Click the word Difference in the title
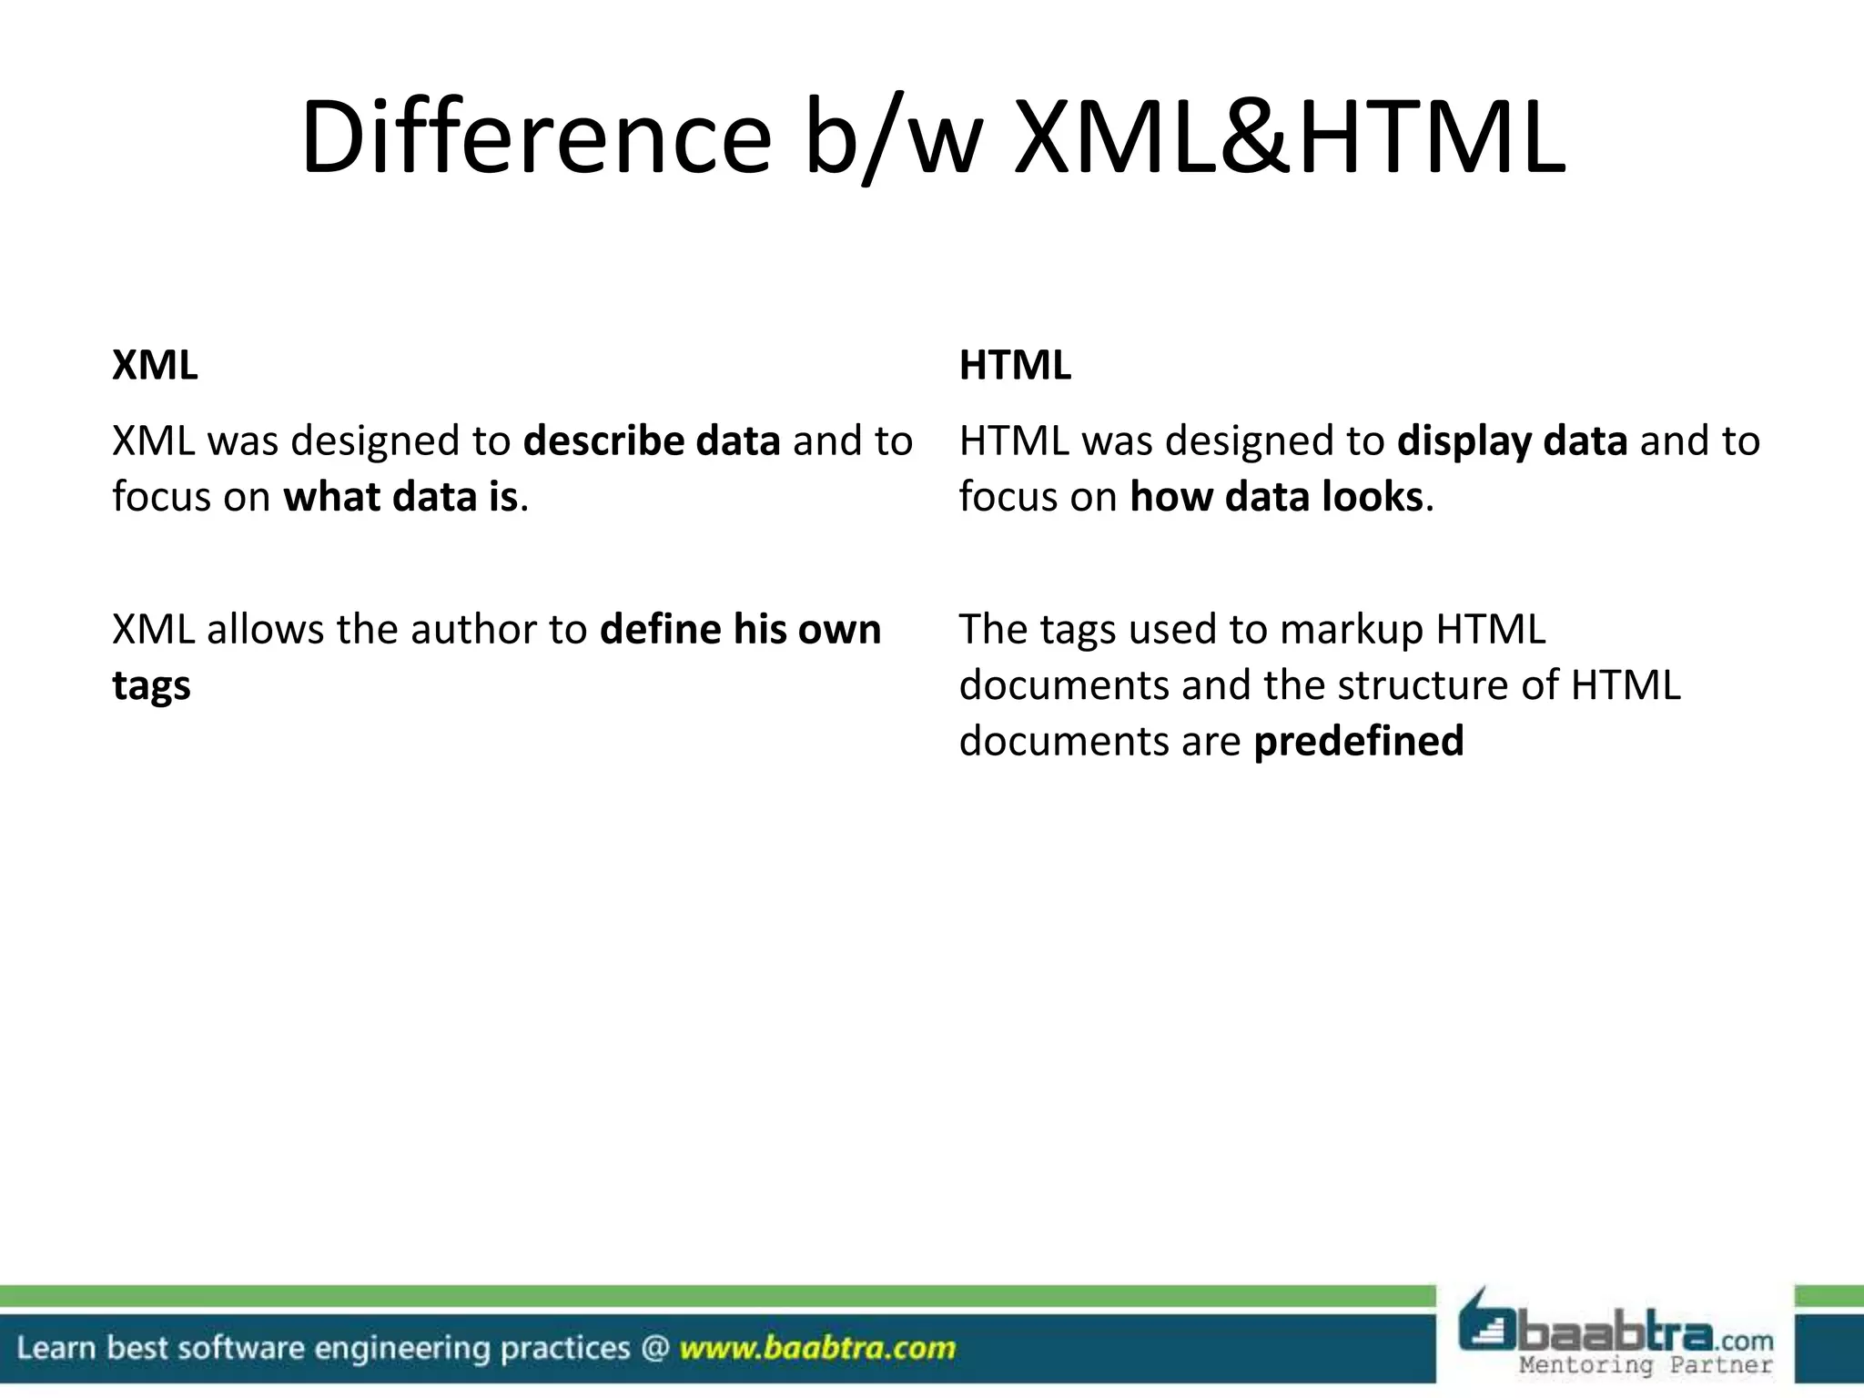[536, 138]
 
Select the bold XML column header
[155, 366]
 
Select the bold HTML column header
[1015, 366]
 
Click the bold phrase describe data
[652, 441]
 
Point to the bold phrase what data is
[400, 498]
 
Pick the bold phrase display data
[1512, 441]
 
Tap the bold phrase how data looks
[1276, 498]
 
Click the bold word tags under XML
[151, 686]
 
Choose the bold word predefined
[1359, 742]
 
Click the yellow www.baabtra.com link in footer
[817, 1348]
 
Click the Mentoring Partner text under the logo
[1646, 1365]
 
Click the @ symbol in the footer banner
[654, 1348]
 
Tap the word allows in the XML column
[265, 630]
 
